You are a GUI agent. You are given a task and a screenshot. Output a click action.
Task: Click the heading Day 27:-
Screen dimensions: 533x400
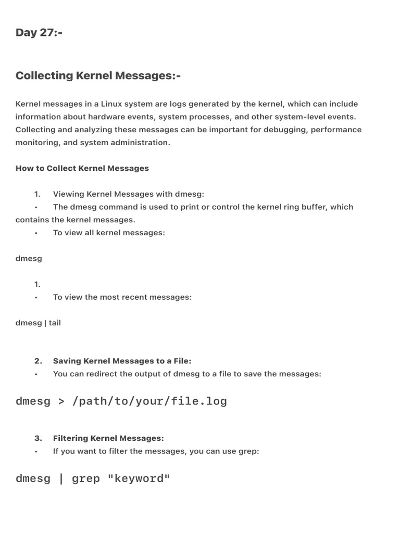[39, 33]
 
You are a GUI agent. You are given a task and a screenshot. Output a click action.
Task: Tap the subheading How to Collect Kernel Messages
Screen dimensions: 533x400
[82, 168]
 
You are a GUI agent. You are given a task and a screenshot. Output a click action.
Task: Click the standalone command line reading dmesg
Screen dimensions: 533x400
[29, 258]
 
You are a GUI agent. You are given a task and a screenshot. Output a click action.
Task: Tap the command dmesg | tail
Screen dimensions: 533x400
[38, 323]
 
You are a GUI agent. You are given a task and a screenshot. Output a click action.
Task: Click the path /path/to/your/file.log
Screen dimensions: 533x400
[149, 401]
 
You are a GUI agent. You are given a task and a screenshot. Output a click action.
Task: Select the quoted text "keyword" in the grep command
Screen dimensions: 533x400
[139, 478]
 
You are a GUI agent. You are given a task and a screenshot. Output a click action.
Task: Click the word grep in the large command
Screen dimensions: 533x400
[85, 478]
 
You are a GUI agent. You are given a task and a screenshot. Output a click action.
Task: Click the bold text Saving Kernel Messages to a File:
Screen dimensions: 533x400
[122, 361]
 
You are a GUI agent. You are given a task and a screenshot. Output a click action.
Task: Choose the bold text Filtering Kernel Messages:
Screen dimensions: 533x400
[108, 438]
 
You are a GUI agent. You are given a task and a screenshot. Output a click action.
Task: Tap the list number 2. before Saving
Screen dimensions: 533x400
[38, 361]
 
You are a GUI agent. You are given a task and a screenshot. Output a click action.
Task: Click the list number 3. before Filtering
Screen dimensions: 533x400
[38, 438]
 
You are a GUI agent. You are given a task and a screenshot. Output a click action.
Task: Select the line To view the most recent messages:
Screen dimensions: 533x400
[122, 297]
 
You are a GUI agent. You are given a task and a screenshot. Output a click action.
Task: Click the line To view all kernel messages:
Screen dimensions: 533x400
[109, 233]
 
